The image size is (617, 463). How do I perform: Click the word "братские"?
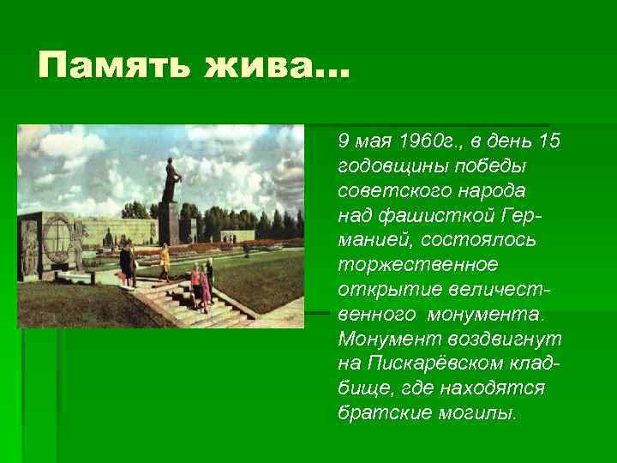(x=378, y=412)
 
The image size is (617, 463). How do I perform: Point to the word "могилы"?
(x=471, y=412)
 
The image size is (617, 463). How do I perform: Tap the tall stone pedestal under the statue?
(x=169, y=220)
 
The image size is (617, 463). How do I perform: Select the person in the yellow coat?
(x=164, y=258)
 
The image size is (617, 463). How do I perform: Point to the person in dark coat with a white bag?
(x=127, y=262)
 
